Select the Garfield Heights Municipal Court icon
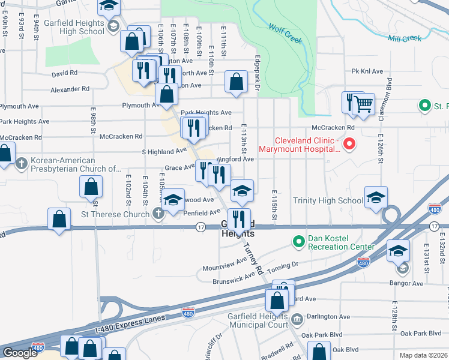tap(297, 317)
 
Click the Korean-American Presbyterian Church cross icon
tap(22, 163)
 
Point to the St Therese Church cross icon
tap(158, 214)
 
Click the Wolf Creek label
tap(285, 34)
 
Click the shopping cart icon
tap(363, 104)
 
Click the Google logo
tap(19, 353)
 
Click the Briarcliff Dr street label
tap(219, 343)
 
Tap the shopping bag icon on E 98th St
tap(91, 187)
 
